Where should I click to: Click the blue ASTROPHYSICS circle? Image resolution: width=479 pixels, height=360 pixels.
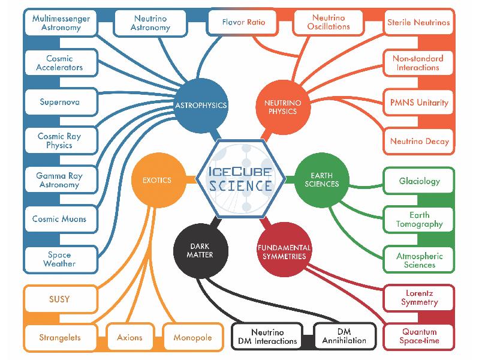pyautogui.click(x=201, y=105)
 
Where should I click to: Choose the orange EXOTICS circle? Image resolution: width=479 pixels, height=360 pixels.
pyautogui.click(x=157, y=179)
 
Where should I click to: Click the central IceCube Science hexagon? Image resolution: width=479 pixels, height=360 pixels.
pyautogui.click(x=239, y=178)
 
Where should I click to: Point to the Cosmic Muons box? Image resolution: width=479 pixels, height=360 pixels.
pyautogui.click(x=59, y=219)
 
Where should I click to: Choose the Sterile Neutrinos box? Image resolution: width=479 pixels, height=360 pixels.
pyautogui.click(x=418, y=23)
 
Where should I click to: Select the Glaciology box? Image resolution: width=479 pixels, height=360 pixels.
pyautogui.click(x=419, y=181)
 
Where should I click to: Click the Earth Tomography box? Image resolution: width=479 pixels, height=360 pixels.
pyautogui.click(x=419, y=220)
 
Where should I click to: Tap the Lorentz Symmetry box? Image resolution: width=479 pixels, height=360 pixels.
pyautogui.click(x=419, y=298)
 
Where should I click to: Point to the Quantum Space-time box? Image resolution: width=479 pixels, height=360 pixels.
pyautogui.click(x=419, y=337)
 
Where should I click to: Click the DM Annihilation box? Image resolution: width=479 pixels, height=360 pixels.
pyautogui.click(x=345, y=337)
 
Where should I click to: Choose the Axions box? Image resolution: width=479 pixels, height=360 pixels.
pyautogui.click(x=129, y=337)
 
